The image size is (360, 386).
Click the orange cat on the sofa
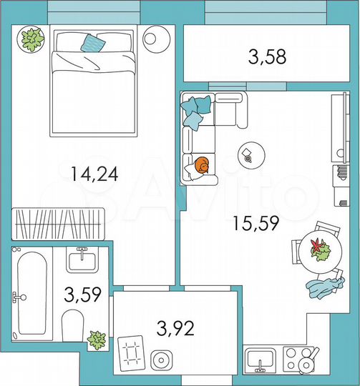[x=201, y=166]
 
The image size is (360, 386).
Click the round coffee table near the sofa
[x=249, y=155]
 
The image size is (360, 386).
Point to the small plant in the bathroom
[x=96, y=339]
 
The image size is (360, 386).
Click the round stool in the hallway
[x=162, y=360]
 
